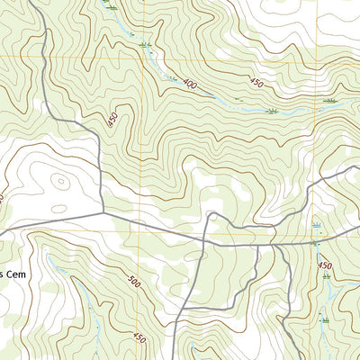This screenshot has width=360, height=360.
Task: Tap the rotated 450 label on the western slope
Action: tap(112, 119)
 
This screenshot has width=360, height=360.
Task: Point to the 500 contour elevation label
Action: tap(134, 283)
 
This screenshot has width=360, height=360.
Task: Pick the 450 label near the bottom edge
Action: tap(139, 337)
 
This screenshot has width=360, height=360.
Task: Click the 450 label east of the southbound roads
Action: tap(324, 265)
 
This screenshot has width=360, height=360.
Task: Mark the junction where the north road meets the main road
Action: tap(103, 212)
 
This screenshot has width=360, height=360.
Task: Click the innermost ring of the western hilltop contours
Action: tap(59, 180)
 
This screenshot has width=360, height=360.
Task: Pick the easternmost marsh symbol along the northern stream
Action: tap(329, 101)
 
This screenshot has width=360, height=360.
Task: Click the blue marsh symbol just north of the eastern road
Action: tap(317, 221)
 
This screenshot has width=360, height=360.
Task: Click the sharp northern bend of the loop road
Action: tap(209, 214)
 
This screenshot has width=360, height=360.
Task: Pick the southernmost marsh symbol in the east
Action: tap(322, 317)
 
